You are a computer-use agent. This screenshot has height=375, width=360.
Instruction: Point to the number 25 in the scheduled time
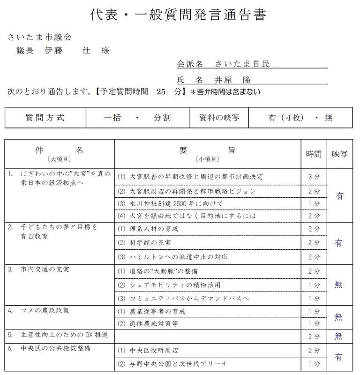click(x=162, y=92)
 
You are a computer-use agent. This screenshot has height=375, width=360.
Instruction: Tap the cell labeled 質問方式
click(x=45, y=118)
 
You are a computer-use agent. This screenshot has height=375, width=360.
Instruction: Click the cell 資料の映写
click(x=219, y=118)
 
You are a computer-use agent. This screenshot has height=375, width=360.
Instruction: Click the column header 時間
click(x=314, y=154)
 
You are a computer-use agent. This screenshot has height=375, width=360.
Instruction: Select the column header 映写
click(x=339, y=154)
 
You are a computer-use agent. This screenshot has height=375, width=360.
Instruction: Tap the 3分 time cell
click(x=314, y=177)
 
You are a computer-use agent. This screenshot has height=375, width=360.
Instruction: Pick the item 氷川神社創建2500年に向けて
click(x=176, y=203)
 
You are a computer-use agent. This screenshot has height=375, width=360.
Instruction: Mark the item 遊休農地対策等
click(x=153, y=323)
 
